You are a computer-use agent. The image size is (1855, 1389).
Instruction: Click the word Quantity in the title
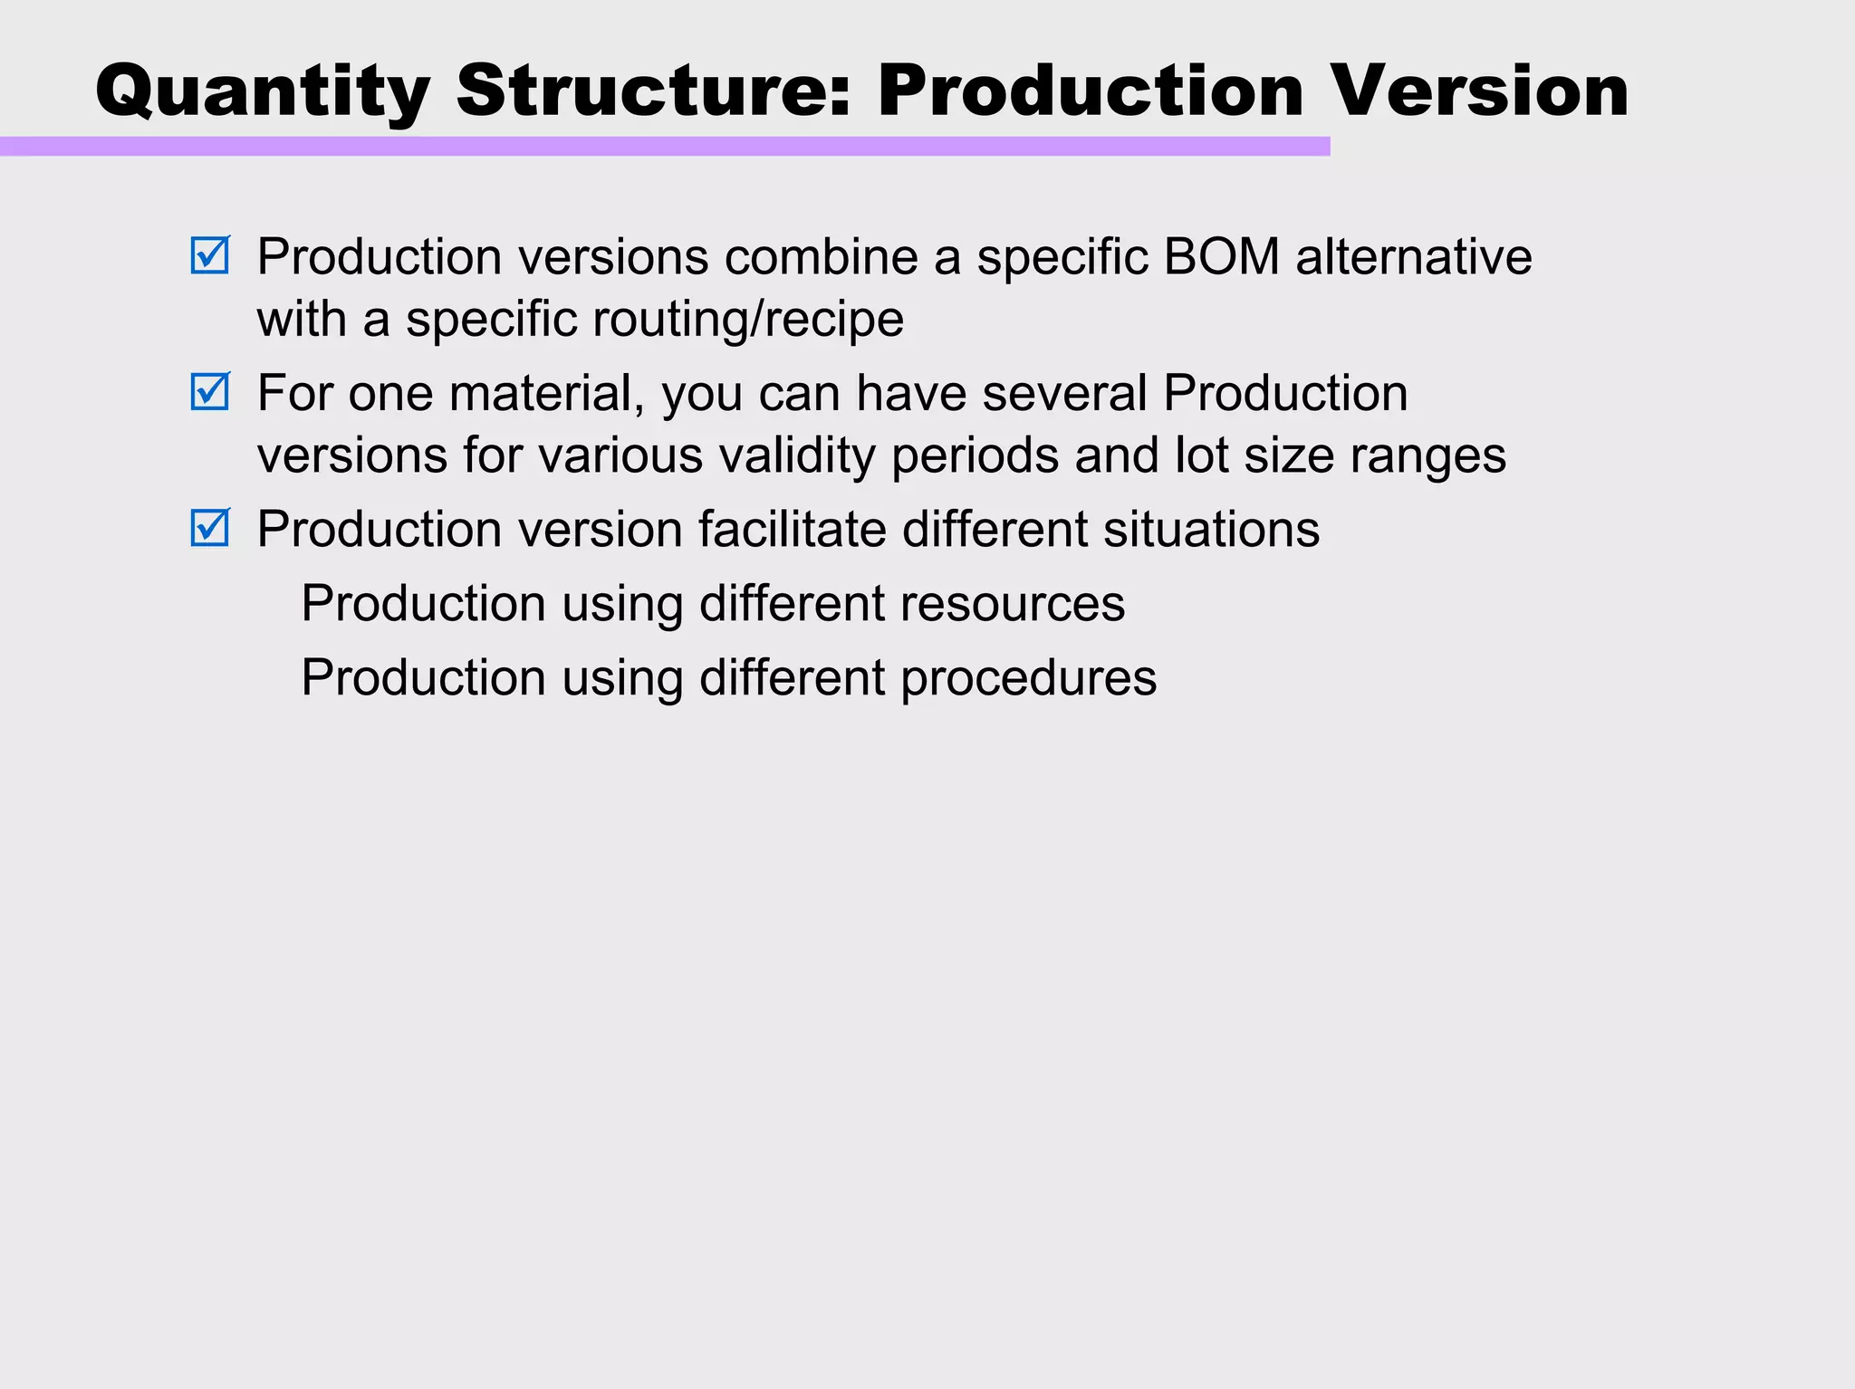pyautogui.click(x=263, y=92)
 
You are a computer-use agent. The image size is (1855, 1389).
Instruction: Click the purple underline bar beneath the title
pyautogui.click(x=665, y=147)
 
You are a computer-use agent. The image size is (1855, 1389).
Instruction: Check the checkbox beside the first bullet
pyautogui.click(x=210, y=255)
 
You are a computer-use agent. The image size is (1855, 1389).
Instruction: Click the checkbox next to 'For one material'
pyautogui.click(x=210, y=392)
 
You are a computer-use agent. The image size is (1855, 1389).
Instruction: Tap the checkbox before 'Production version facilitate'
pyautogui.click(x=210, y=528)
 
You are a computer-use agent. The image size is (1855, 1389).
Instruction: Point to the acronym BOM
pyautogui.click(x=1221, y=256)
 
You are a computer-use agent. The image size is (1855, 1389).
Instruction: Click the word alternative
pyautogui.click(x=1414, y=256)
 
